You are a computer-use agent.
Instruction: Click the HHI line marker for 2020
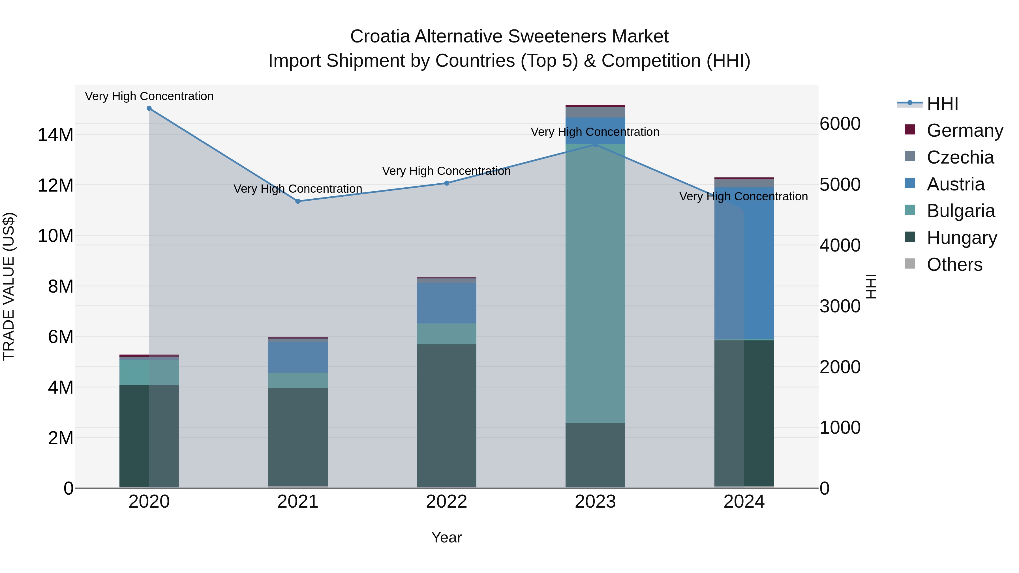149,108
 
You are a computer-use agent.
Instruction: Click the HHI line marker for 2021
298,201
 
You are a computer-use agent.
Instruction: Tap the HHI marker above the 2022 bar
447,183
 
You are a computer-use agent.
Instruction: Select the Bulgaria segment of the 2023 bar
595,283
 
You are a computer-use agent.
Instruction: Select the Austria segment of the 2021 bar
298,357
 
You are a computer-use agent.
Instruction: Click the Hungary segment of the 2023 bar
595,455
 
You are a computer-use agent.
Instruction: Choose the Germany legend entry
964,130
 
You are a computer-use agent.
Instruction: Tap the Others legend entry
954,265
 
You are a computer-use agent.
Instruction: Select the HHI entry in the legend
942,104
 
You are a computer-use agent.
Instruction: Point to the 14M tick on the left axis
55,135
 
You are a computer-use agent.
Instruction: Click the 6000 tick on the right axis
840,124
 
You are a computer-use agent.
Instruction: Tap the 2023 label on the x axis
595,502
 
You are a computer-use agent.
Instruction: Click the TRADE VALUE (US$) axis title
9,286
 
